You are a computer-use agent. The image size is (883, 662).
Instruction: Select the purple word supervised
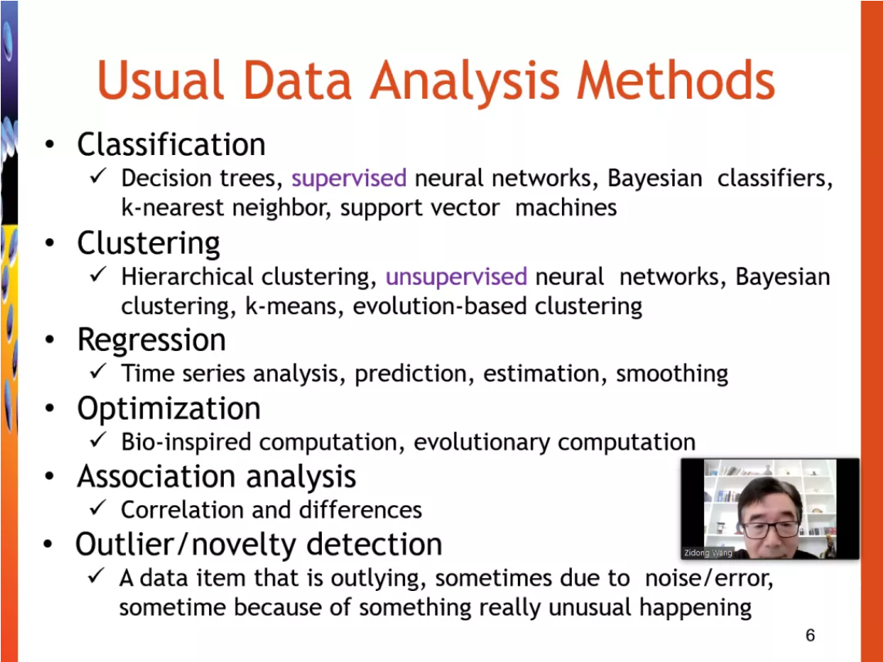coord(349,178)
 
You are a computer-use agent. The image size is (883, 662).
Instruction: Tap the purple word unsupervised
coord(456,277)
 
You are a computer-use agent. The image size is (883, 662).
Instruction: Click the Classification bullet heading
coord(171,144)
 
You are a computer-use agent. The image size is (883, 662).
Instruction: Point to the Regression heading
coord(151,340)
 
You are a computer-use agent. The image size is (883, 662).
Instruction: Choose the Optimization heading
coord(169,409)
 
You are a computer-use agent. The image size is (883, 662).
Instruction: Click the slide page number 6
coord(810,635)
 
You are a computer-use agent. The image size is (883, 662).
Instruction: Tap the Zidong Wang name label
coord(708,552)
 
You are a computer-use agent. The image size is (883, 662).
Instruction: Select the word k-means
coord(294,306)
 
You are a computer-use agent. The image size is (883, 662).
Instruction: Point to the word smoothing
coord(672,373)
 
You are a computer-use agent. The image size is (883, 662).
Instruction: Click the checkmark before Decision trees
coord(98,176)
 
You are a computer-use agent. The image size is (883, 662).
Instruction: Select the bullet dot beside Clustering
coord(50,244)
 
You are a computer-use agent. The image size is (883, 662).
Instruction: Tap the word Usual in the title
coord(161,80)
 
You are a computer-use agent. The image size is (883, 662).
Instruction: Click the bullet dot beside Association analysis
coord(50,477)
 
